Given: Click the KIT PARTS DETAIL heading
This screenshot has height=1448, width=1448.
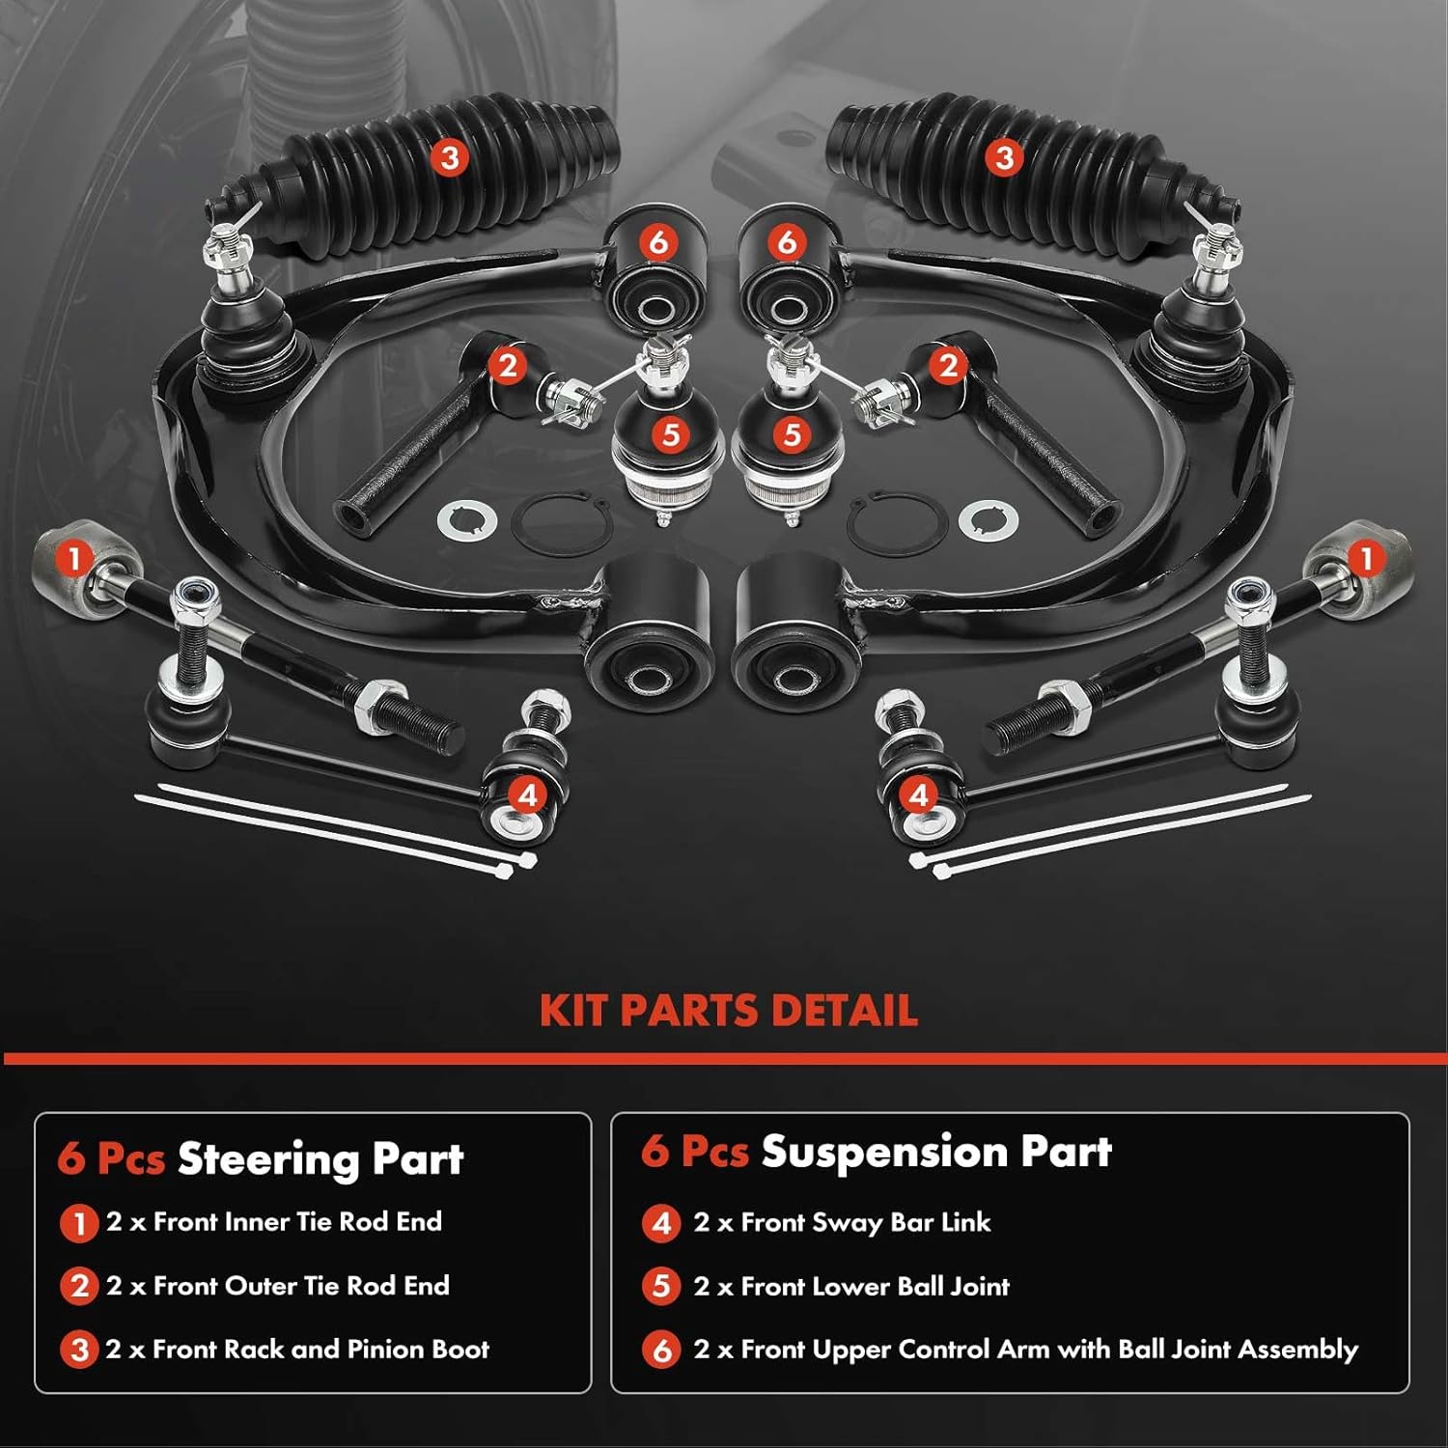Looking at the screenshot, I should (x=728, y=1010).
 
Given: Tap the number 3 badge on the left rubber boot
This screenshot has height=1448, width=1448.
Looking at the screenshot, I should (x=449, y=156).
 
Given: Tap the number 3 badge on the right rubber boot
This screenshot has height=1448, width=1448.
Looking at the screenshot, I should (x=1004, y=156).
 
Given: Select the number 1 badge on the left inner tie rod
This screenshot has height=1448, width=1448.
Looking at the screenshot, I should (x=74, y=557).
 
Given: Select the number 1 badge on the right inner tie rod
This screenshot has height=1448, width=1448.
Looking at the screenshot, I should (x=1365, y=557).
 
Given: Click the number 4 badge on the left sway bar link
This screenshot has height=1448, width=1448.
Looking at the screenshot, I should (x=527, y=795).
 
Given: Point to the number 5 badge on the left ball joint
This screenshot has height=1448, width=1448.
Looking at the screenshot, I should (x=671, y=434).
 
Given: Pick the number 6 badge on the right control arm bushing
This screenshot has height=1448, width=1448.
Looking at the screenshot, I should (x=787, y=241).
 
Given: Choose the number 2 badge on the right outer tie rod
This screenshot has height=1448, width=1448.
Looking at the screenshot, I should (x=947, y=365).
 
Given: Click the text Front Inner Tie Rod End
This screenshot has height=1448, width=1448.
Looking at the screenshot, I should (x=297, y=1222).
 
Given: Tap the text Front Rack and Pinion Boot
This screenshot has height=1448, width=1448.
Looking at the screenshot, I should (x=320, y=1349).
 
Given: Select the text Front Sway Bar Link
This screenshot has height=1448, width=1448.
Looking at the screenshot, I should (x=865, y=1223).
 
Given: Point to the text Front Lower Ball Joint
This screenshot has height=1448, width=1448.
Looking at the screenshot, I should (x=875, y=1286).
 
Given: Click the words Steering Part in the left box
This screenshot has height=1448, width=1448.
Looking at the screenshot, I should (x=320, y=1158).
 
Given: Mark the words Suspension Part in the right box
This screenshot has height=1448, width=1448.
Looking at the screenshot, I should (x=936, y=1152).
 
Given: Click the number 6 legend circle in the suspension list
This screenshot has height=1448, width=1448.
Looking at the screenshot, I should (x=661, y=1350).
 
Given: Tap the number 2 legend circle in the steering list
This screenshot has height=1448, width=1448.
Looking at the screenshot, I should (x=79, y=1286).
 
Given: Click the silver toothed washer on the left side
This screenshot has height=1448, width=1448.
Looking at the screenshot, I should (x=467, y=521).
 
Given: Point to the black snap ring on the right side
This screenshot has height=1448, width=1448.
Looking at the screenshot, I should (x=887, y=522).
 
